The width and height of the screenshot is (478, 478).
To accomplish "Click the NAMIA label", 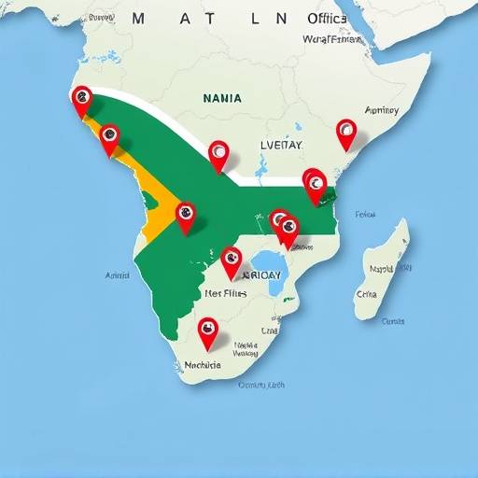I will tap(221, 97).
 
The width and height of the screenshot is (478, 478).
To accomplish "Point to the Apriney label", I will tap(382, 110).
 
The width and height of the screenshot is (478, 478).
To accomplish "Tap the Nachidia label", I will tap(203, 365).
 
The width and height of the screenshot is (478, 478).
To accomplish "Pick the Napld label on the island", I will tap(381, 269).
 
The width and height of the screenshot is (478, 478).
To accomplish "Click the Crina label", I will tap(366, 293).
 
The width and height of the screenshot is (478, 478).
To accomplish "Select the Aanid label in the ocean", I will tap(119, 275).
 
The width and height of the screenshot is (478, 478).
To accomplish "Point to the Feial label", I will tap(365, 215).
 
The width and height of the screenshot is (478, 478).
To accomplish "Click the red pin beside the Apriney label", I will tap(346, 132).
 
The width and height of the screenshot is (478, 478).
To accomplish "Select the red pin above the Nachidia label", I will tap(207, 330).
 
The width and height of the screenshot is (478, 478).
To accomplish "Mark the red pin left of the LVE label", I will tap(218, 153).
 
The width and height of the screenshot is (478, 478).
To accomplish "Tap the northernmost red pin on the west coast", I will tap(82, 96).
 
